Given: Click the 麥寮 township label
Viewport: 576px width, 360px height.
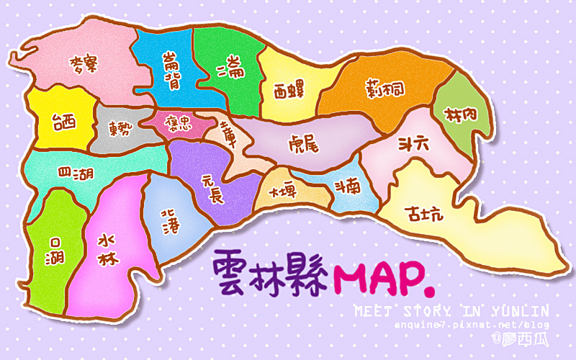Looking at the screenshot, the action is (83, 65).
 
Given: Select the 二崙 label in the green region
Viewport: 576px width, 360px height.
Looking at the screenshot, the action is (230, 69).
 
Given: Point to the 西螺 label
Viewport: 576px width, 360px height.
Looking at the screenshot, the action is (289, 91).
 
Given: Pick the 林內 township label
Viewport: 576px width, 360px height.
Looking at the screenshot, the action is (461, 114).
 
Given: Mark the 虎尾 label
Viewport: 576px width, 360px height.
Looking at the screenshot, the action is (303, 141).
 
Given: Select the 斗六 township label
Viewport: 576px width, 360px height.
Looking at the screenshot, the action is (413, 143).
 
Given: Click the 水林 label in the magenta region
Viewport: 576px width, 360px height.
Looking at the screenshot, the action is (107, 249).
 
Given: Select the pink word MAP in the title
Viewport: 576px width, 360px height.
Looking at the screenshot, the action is (384, 273).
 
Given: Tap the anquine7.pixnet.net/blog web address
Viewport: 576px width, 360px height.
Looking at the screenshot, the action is (472, 325).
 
